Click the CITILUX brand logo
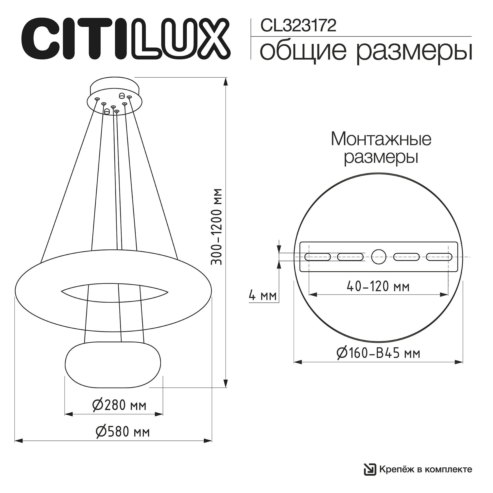[125, 38]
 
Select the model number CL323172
[298, 26]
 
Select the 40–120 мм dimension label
[378, 287]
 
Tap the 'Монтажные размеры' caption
[381, 148]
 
